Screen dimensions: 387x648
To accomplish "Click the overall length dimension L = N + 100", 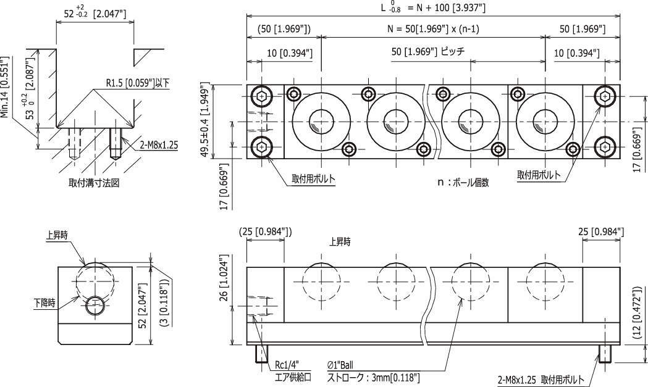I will pos(432,7).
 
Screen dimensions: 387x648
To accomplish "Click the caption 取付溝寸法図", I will pos(94,183).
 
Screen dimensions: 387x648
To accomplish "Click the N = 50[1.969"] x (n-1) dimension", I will pos(432,29).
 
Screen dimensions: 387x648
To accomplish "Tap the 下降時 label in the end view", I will pos(44,302).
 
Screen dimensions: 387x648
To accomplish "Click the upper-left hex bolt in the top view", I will pos(261,96).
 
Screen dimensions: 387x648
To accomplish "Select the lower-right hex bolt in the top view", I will pos(604,147).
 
